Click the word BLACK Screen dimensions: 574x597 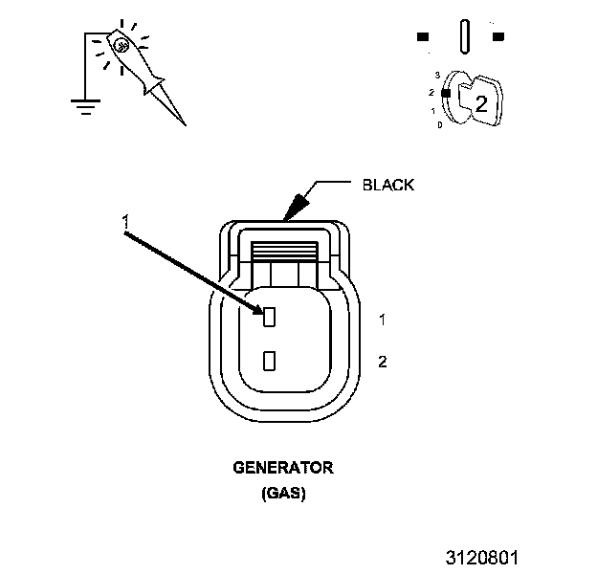(388, 185)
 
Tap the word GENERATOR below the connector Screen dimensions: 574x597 (283, 469)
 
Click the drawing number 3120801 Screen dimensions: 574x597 (483, 556)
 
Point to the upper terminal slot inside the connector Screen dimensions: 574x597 (270, 316)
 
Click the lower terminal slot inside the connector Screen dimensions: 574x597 (270, 361)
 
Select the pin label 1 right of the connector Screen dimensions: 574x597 (382, 318)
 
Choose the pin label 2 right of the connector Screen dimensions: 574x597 (382, 362)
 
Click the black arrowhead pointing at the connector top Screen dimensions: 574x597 (297, 206)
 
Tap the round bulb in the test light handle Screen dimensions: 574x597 (121, 44)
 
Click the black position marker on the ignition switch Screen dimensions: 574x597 (445, 92)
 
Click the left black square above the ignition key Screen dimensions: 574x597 (422, 37)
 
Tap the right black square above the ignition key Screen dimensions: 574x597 (498, 37)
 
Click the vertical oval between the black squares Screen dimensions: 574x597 (464, 37)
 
